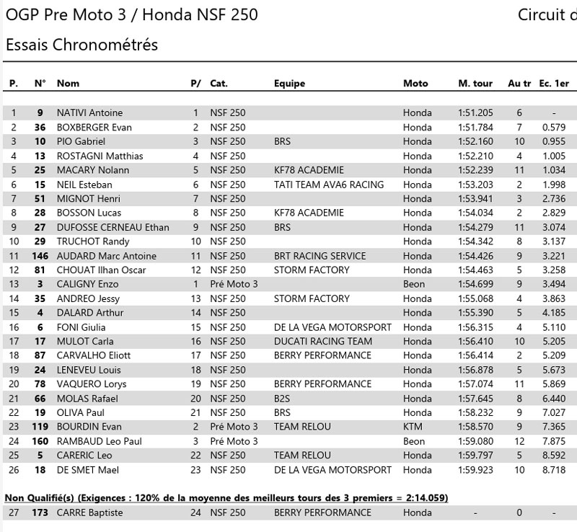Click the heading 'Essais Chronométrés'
(82, 45)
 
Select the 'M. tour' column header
(475, 84)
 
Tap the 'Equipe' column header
(289, 84)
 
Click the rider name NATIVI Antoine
(89, 112)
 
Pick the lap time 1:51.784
(475, 127)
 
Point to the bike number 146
(40, 256)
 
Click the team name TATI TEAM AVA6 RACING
(329, 185)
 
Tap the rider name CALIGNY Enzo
(89, 284)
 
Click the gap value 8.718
(554, 470)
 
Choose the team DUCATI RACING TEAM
(323, 341)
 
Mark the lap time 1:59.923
(475, 470)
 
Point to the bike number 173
(40, 513)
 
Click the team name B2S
(284, 399)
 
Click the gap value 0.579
(554, 127)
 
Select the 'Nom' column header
(68, 84)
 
